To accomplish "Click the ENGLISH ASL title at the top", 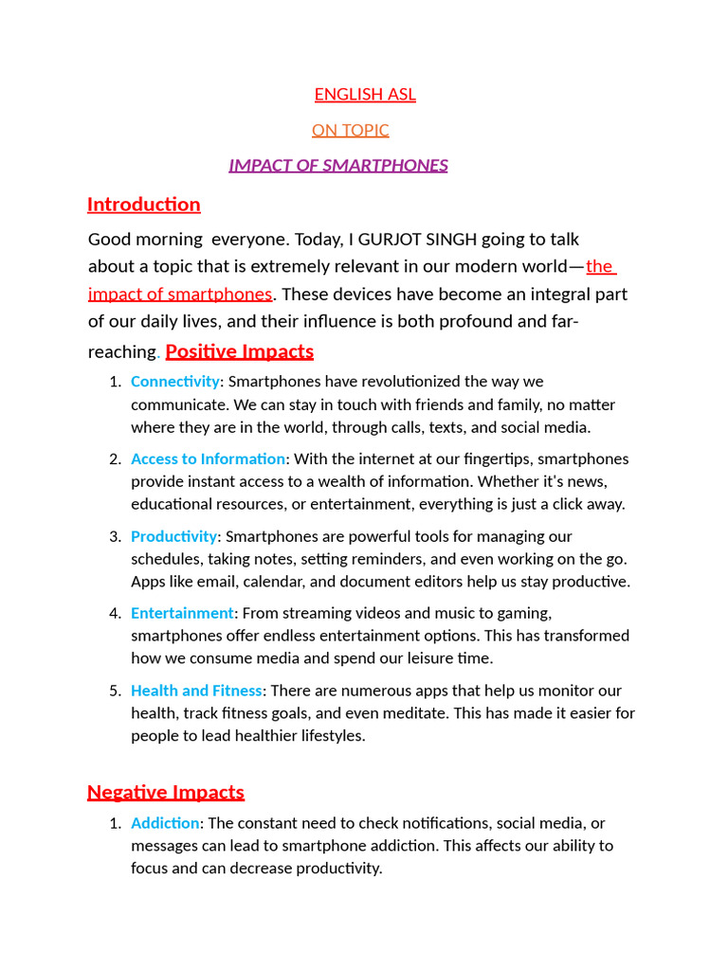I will (365, 95).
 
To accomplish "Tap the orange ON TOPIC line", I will (350, 131).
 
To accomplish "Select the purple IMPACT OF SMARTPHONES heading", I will (338, 166).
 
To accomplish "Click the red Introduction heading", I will (143, 205).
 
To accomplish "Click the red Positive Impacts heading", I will (239, 351).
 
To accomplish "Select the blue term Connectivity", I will (174, 382).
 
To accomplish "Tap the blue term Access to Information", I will (208, 459).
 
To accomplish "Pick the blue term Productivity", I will (173, 537).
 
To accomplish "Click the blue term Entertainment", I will (182, 614).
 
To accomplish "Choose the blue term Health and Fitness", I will (196, 692).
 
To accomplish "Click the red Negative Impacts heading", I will (166, 792).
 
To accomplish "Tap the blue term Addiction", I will (165, 823).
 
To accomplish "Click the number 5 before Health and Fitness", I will (115, 692).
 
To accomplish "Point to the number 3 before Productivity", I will (115, 537).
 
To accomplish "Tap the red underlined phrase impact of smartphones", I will (179, 294).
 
